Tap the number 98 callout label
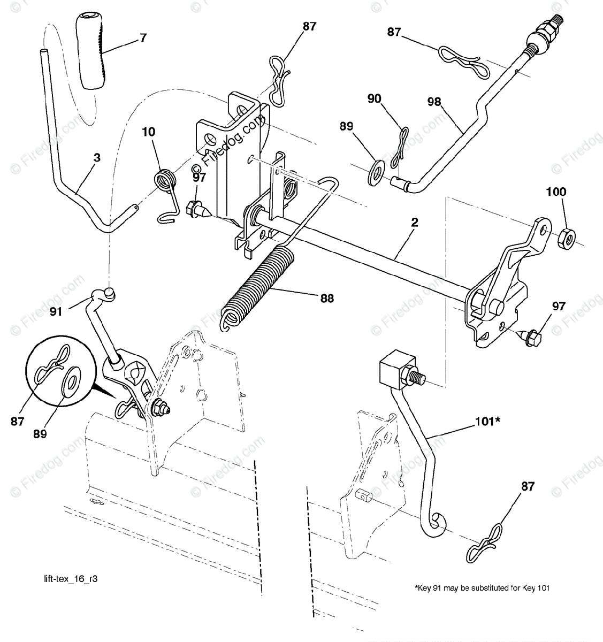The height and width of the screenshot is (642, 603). point(434,102)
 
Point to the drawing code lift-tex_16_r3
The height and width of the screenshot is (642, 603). point(71,579)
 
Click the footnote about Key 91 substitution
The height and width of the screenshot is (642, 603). point(482,588)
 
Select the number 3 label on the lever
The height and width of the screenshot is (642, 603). point(96,158)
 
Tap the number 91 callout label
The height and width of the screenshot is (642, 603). point(56,310)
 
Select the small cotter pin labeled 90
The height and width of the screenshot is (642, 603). point(401,144)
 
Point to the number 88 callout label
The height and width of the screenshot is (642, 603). point(326,298)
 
